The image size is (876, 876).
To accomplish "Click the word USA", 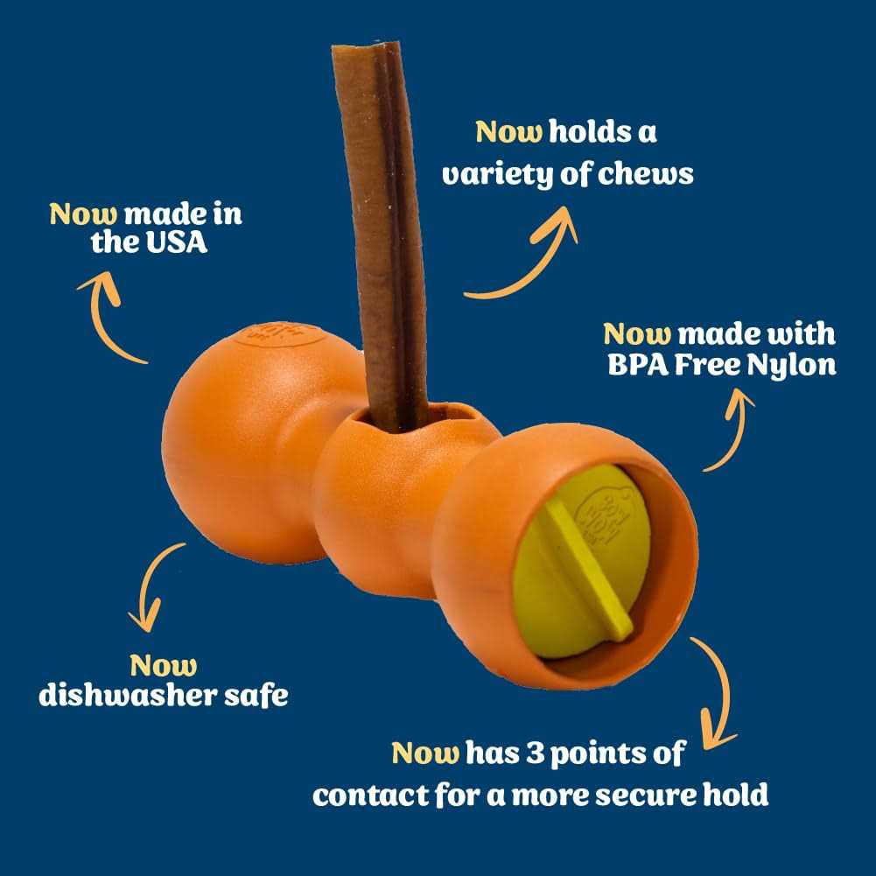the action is [177, 242].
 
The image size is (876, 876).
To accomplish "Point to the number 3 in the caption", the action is [536, 753].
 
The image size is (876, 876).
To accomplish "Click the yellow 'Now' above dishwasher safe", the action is [163, 665].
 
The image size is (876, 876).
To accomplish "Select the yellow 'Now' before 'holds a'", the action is [509, 132].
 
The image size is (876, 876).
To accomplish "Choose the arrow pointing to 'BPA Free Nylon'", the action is [732, 431].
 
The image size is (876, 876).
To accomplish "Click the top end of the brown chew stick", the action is [367, 46].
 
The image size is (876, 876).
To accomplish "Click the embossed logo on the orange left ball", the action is [280, 333].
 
